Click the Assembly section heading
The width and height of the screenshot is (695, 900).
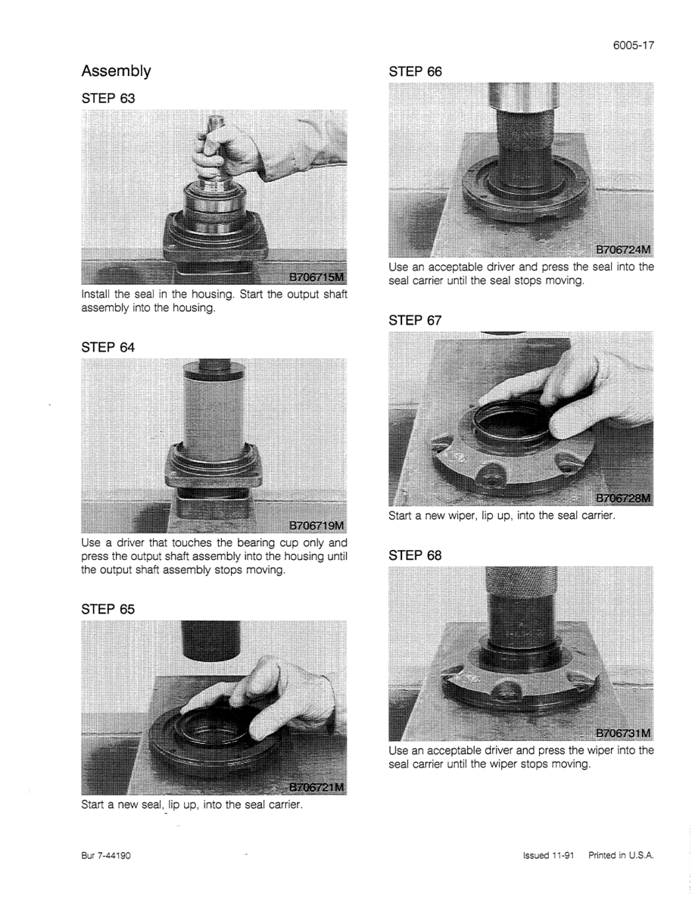(x=116, y=71)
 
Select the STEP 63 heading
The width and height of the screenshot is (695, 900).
(x=108, y=98)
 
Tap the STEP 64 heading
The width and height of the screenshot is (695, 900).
(x=108, y=347)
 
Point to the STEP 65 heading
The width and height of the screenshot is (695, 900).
(x=108, y=609)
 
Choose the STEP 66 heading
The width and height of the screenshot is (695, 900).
(x=415, y=72)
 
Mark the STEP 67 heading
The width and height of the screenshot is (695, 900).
(x=415, y=320)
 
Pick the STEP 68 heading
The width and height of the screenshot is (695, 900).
(x=415, y=555)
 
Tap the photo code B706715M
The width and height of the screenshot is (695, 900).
(x=316, y=278)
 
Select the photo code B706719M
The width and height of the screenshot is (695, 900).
(x=316, y=525)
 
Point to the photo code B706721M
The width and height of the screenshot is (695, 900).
(x=316, y=787)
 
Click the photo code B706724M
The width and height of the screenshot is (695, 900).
(x=623, y=250)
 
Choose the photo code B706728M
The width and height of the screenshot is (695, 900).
(x=623, y=498)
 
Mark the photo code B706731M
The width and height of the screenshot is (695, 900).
(x=623, y=733)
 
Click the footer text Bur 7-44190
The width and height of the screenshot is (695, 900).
(x=106, y=855)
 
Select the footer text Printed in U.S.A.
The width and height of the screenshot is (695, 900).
(x=621, y=855)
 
